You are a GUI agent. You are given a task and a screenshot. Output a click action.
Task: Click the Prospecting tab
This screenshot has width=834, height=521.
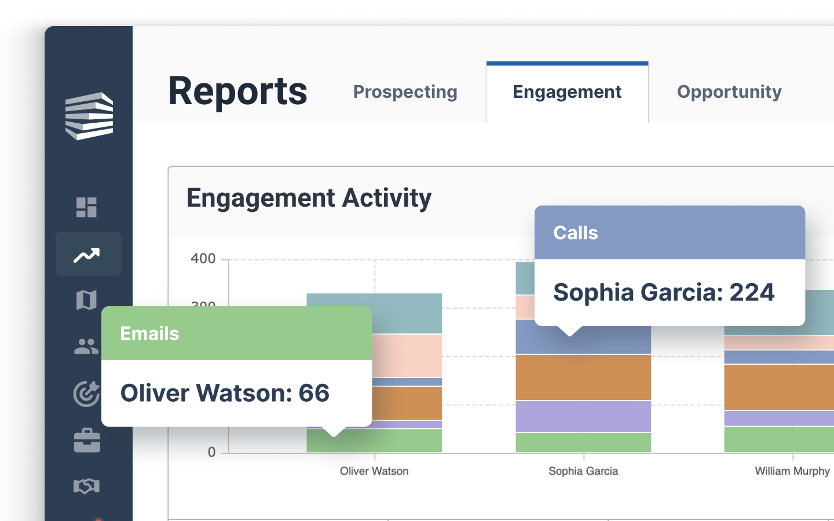(405, 92)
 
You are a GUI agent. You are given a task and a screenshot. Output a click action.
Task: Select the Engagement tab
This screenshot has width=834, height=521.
(567, 92)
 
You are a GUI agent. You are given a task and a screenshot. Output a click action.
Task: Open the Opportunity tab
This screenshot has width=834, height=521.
(729, 92)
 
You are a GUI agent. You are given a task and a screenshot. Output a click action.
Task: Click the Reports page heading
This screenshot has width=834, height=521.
(237, 91)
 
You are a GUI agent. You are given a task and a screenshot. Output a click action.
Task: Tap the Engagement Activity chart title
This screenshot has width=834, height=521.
(309, 198)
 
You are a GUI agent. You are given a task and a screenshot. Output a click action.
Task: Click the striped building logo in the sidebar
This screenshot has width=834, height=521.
(89, 116)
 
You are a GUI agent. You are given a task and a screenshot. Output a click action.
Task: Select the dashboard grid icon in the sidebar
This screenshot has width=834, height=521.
(87, 207)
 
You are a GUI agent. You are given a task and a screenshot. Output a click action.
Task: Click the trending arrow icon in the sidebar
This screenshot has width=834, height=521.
(87, 255)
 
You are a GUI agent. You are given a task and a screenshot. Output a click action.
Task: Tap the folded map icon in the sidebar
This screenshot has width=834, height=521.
(87, 300)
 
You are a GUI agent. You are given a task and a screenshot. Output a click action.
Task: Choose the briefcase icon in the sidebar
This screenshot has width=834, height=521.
(87, 440)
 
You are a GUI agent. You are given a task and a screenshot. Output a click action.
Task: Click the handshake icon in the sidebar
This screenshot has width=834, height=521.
(87, 486)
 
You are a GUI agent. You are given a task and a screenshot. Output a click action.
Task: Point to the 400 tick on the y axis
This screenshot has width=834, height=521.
(203, 259)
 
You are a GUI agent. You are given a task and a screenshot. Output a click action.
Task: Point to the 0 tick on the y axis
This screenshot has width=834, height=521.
(211, 452)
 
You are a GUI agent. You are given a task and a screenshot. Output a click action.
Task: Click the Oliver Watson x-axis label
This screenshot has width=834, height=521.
(374, 471)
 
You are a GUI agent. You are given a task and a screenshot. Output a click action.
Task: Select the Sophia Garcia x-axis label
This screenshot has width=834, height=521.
(583, 471)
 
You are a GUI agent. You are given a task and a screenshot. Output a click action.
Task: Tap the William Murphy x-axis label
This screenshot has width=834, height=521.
(792, 471)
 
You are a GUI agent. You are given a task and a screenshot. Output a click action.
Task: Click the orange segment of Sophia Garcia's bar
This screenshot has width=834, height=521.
(583, 377)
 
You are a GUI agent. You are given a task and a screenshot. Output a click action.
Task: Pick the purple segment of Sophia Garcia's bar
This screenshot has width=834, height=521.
(583, 416)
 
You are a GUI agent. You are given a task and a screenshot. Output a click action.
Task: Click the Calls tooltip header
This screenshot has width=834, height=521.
(670, 233)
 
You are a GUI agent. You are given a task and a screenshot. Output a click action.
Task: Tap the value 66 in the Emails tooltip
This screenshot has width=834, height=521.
(314, 393)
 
